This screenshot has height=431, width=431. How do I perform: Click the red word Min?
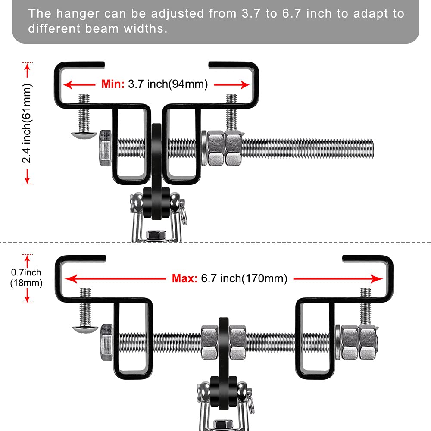pyautogui.click(x=113, y=84)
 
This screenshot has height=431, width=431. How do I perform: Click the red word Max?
pyautogui.click(x=185, y=278)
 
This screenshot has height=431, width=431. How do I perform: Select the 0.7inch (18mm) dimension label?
pyautogui.click(x=26, y=278)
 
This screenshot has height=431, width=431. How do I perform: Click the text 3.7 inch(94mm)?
pyautogui.click(x=168, y=84)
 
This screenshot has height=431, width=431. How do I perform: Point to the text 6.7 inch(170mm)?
pyautogui.click(x=244, y=278)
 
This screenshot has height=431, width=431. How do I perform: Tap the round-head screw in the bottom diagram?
pyautogui.click(x=82, y=329)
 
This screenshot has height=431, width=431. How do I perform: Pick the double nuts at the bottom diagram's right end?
pyautogui.click(x=359, y=343)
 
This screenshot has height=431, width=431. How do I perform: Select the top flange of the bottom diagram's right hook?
pyautogui.click(x=367, y=258)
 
